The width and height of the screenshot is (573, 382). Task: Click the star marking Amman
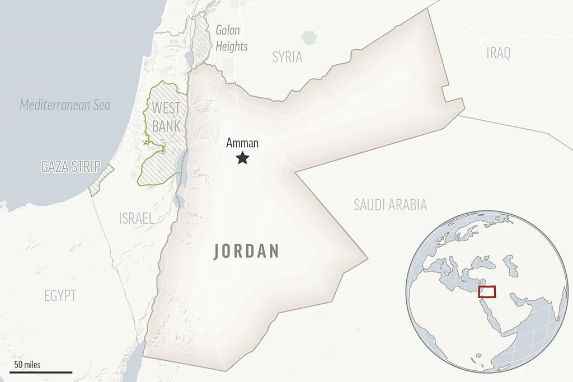coord(242,158)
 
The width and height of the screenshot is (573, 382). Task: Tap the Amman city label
coord(242,143)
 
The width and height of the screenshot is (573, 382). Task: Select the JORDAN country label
coord(247,252)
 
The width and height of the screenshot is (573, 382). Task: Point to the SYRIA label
coord(287,56)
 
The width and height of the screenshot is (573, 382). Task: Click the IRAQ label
coord(498,54)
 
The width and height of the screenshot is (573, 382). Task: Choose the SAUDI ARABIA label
coord(390,205)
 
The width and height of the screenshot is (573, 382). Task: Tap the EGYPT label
coord(60,296)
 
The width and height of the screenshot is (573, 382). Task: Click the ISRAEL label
coord(136,218)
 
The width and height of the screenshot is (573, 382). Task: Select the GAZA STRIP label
coord(71,166)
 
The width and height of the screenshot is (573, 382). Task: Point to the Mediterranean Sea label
coord(65,105)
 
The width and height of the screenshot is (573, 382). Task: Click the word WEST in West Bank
coord(166,107)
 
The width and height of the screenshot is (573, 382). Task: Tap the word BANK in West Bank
coord(166,126)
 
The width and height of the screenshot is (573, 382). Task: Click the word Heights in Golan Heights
coord(232,46)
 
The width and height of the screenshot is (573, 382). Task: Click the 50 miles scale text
coord(27,365)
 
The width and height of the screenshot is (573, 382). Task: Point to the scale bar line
coord(40,372)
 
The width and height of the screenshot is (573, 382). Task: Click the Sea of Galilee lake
coord(189,56)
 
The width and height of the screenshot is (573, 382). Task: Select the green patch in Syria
coord(308,38)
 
